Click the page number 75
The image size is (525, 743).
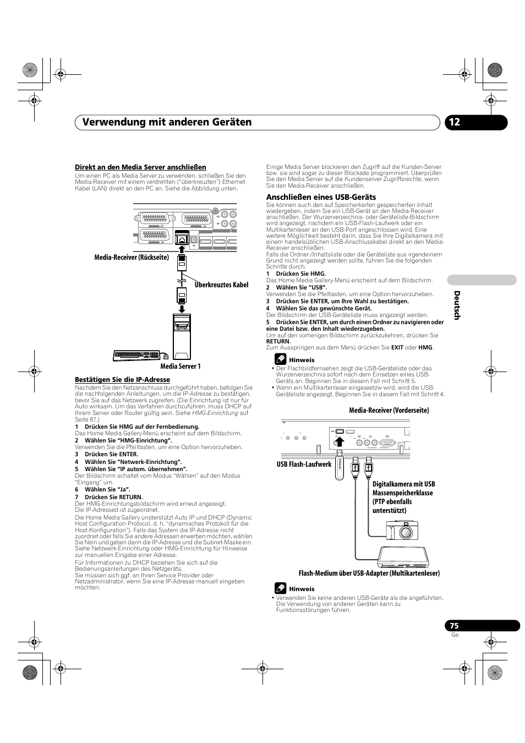(x=453, y=626)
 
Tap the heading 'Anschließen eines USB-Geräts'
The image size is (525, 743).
(x=321, y=197)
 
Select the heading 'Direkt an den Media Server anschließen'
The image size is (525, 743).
(x=140, y=167)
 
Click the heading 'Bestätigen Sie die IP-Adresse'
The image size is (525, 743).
(x=122, y=380)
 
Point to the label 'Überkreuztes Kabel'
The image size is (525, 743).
(x=221, y=285)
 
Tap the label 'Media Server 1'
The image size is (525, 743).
(x=180, y=367)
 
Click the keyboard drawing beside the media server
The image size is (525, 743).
(x=136, y=355)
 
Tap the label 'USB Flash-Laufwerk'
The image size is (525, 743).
(x=304, y=465)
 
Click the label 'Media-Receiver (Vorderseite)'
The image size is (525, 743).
(x=389, y=410)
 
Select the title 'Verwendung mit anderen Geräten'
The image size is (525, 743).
(x=163, y=122)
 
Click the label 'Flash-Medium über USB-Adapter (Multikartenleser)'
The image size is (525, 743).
(x=369, y=573)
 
